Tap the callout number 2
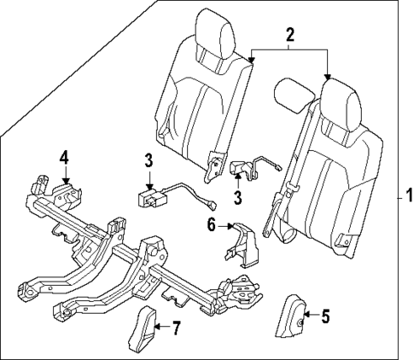tap(289, 35)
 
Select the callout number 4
tap(62, 156)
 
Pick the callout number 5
tap(324, 316)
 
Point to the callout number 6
tap(211, 225)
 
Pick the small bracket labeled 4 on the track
tap(61, 189)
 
